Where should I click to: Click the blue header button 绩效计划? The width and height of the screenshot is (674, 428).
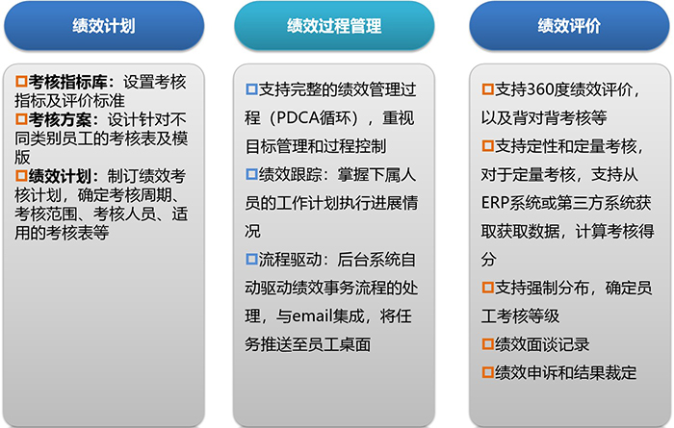pyautogui.click(x=104, y=26)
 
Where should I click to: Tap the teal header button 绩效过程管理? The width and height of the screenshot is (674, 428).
pyautogui.click(x=334, y=26)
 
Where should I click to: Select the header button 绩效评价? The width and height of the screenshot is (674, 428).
pyautogui.click(x=569, y=26)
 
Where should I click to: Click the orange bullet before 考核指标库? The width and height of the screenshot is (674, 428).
pyautogui.click(x=21, y=81)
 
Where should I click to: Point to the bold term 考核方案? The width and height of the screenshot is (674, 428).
pyautogui.click(x=60, y=119)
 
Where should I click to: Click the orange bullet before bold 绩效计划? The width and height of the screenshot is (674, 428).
pyautogui.click(x=21, y=176)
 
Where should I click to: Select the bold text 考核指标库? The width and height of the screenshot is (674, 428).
pyautogui.click(x=67, y=82)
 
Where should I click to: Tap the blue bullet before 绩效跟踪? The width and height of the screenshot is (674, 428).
pyautogui.click(x=251, y=174)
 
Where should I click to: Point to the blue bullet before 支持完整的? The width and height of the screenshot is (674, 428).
pyautogui.click(x=251, y=88)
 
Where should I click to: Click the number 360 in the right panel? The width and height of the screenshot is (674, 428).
pyautogui.click(x=541, y=89)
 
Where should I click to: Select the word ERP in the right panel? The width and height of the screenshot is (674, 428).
pyautogui.click(x=495, y=203)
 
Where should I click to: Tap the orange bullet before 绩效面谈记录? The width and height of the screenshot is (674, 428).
pyautogui.click(x=487, y=344)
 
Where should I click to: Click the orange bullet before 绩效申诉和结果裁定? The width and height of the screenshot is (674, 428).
pyautogui.click(x=487, y=372)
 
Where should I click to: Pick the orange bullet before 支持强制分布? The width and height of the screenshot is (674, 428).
pyautogui.click(x=487, y=288)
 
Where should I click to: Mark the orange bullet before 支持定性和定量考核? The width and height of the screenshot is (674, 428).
pyautogui.click(x=487, y=145)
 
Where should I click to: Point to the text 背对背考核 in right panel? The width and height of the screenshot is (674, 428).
pyautogui.click(x=553, y=117)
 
